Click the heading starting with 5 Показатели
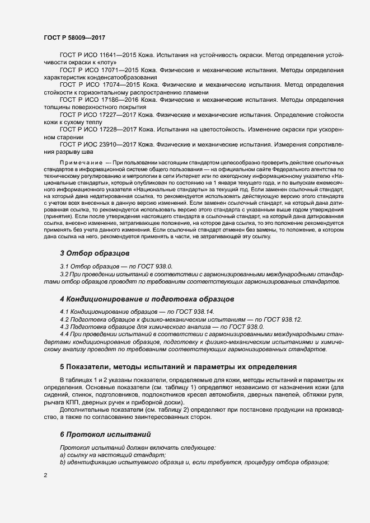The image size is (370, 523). (178, 367)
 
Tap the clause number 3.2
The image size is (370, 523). (64, 275)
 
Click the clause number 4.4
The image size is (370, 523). (64, 334)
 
